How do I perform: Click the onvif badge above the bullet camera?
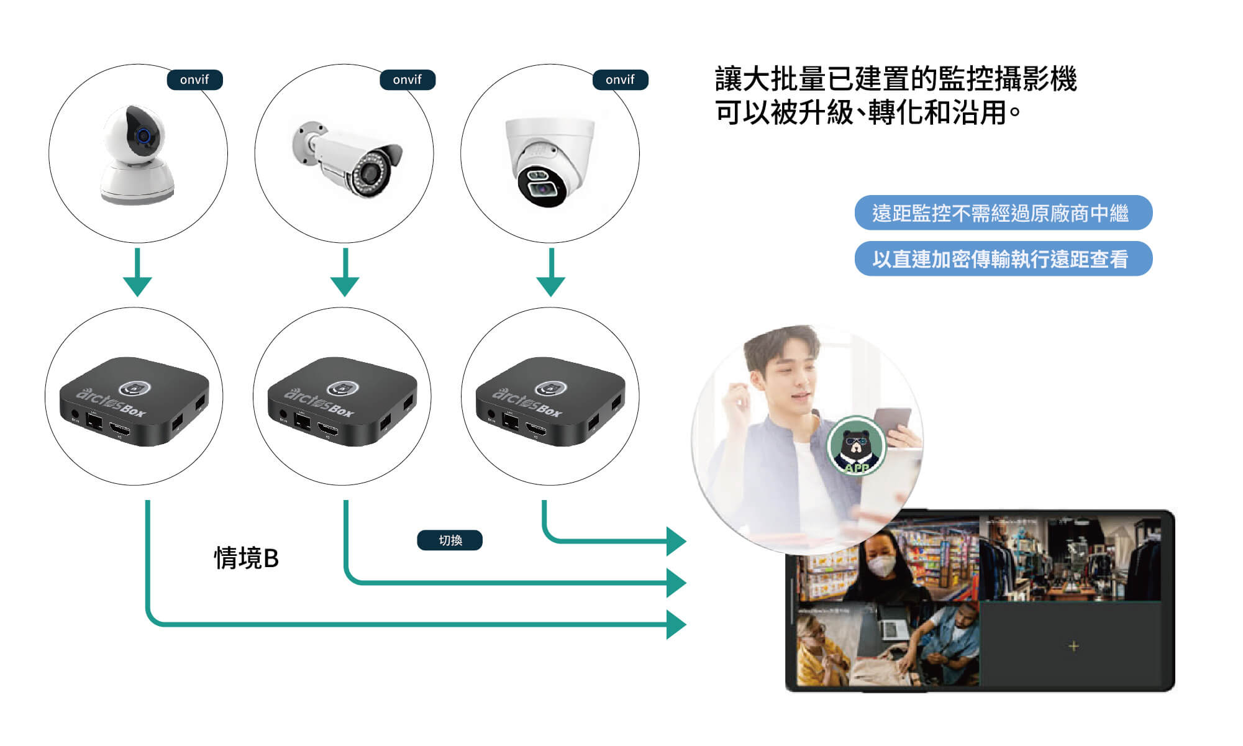tap(407, 80)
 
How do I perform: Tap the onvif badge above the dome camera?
tap(620, 80)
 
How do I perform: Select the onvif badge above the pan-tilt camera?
tap(194, 80)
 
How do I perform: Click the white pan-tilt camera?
tap(138, 155)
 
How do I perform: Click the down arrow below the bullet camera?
tap(345, 273)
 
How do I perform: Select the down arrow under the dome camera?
tap(550, 273)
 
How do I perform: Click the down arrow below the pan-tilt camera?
tap(137, 273)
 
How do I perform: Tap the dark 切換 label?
tap(450, 540)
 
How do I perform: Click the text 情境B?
tap(246, 558)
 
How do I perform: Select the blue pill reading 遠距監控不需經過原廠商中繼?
tap(1003, 213)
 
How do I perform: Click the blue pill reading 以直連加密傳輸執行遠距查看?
tap(1003, 259)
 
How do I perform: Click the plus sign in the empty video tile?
tap(1073, 646)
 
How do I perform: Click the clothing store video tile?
tap(1070, 559)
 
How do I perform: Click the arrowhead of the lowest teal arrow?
tap(676, 624)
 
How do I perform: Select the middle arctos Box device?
tap(342, 401)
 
